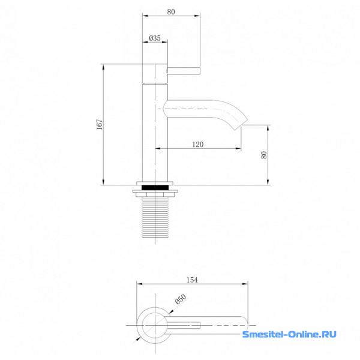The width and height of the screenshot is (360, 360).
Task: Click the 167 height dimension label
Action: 99,124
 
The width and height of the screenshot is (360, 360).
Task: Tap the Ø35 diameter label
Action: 155,38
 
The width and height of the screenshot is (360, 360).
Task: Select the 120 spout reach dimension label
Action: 197,145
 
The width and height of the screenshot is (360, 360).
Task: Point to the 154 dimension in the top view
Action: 192,280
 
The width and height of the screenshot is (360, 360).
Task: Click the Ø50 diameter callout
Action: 181,299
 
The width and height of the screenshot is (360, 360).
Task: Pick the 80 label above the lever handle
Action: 171,12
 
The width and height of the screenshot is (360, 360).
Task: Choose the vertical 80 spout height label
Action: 264,155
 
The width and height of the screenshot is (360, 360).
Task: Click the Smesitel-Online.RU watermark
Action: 289,334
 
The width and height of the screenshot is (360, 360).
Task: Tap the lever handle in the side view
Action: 183,71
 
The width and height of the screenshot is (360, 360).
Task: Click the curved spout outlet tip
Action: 241,125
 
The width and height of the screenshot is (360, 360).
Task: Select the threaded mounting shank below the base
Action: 155,217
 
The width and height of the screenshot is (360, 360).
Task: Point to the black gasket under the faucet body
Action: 155,187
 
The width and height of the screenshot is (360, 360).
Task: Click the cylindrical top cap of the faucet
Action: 155,73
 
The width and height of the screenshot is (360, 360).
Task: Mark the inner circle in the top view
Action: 155,325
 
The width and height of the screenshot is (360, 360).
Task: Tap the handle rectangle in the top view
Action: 184,325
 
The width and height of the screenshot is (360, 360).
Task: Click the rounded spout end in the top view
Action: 245,325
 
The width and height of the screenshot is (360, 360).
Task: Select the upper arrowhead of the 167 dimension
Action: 103,67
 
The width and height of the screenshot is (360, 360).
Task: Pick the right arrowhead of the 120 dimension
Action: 238,149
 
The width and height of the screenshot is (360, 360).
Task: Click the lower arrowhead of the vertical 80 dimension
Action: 268,182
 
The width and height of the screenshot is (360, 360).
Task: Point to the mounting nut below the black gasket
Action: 155,193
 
